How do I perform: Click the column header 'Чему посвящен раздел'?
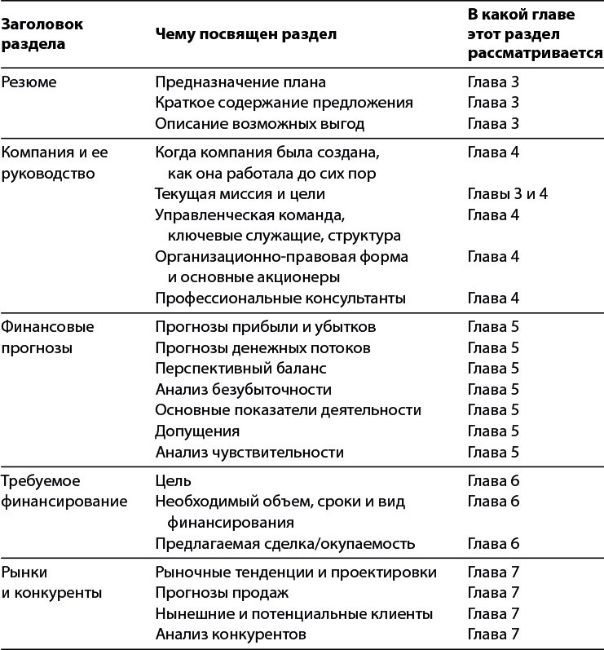(245, 34)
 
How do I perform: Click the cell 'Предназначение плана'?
(240, 82)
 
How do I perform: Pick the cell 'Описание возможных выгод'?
(259, 124)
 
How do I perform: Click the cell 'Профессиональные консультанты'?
(280, 298)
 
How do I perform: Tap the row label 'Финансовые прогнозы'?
(47, 337)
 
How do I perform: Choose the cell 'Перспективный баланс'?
(236, 369)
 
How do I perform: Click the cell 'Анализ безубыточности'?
(243, 390)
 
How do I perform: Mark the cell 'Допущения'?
(196, 431)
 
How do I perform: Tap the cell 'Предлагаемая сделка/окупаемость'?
(284, 543)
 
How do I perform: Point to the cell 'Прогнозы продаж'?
(222, 592)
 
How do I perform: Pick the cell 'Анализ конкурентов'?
(231, 634)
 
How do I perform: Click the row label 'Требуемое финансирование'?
(64, 490)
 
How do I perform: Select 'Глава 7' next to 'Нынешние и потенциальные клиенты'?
(493, 613)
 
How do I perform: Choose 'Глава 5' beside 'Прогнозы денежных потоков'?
(493, 348)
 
